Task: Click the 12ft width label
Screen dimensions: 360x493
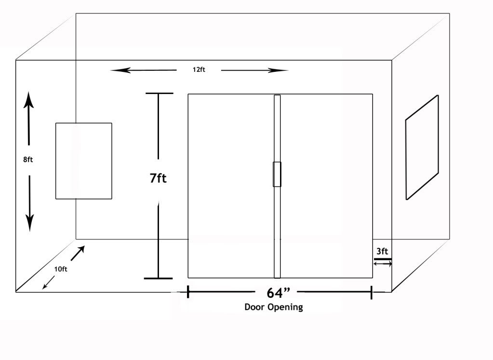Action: pyautogui.click(x=199, y=70)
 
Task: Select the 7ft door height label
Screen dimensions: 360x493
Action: pyautogui.click(x=158, y=178)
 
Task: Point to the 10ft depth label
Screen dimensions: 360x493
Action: pyautogui.click(x=60, y=269)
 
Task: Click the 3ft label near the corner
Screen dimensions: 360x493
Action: pyautogui.click(x=382, y=251)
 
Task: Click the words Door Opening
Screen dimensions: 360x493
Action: pyautogui.click(x=274, y=307)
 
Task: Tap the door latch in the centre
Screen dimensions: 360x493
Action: pyautogui.click(x=277, y=174)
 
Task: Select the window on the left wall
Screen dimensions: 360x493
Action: pyautogui.click(x=84, y=161)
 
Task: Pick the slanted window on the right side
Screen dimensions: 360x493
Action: pyautogui.click(x=422, y=147)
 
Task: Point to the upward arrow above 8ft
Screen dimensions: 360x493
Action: pyautogui.click(x=28, y=119)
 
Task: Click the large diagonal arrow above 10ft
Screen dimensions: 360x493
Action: pyautogui.click(x=78, y=253)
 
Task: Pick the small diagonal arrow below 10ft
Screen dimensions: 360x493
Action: pyautogui.click(x=48, y=284)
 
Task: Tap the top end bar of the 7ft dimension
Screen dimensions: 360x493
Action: pyautogui.click(x=159, y=93)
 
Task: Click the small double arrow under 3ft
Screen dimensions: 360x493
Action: pyautogui.click(x=383, y=264)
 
